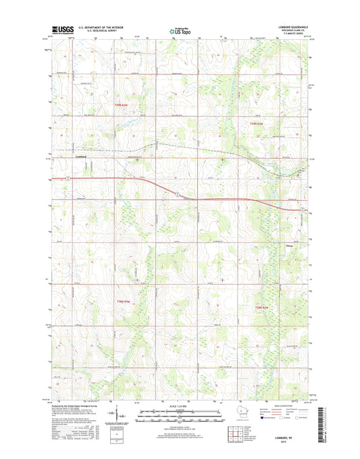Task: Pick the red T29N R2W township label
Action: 253,124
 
